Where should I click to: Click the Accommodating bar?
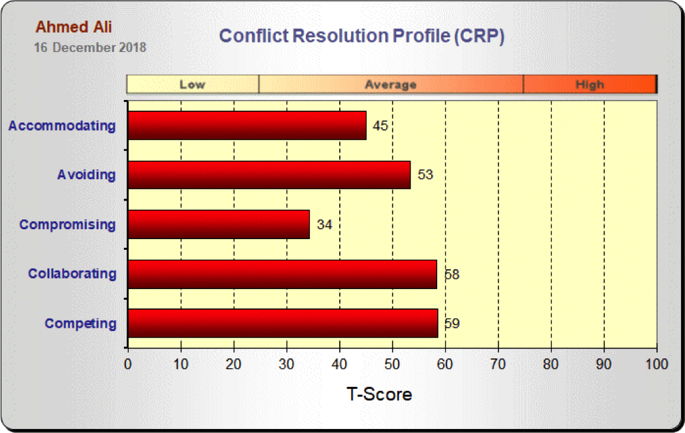247,125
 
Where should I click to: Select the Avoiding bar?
269,175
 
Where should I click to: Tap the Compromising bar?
219,224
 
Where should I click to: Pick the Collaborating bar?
282,274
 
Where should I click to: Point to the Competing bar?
283,323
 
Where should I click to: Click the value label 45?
380,126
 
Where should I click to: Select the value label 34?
325,224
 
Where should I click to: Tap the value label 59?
452,324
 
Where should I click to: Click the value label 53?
425,175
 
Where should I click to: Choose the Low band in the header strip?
193,85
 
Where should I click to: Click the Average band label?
390,85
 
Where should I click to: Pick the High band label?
590,85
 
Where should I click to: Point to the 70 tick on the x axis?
498,364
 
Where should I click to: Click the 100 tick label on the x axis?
656,364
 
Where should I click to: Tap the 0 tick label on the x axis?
128,364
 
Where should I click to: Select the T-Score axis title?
379,394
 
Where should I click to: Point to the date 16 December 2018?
90,48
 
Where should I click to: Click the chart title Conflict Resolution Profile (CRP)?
362,36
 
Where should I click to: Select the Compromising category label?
67,224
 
